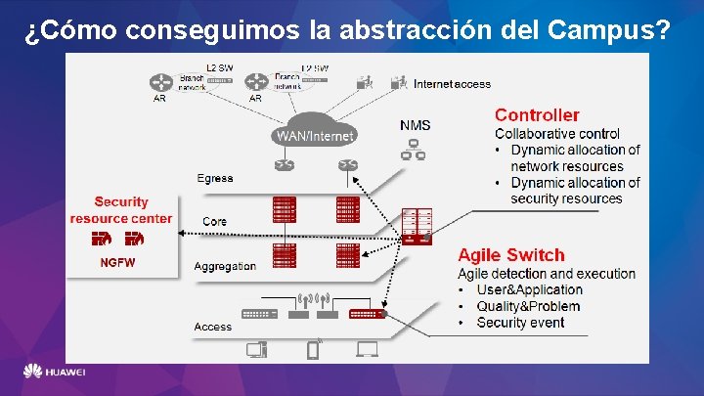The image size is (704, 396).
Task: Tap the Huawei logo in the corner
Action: click(x=55, y=373)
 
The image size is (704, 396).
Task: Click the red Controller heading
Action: click(x=537, y=115)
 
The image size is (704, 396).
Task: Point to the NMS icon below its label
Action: click(x=415, y=149)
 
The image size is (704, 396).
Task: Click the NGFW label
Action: click(x=118, y=262)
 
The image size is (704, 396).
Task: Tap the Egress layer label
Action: click(x=215, y=178)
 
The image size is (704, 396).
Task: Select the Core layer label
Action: click(x=215, y=222)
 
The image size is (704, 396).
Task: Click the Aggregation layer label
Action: click(x=225, y=266)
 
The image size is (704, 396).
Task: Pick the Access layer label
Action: click(x=213, y=327)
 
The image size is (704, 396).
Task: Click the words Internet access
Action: click(x=452, y=84)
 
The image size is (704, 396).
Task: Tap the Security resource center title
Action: click(x=121, y=210)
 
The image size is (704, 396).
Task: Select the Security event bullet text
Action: click(x=520, y=323)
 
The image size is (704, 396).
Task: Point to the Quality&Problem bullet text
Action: click(x=528, y=306)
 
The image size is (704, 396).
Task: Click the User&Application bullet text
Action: click(x=529, y=289)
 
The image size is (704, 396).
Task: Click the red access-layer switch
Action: click(x=367, y=314)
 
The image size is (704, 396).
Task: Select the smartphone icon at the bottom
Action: click(x=314, y=348)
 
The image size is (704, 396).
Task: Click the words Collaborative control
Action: click(x=557, y=134)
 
